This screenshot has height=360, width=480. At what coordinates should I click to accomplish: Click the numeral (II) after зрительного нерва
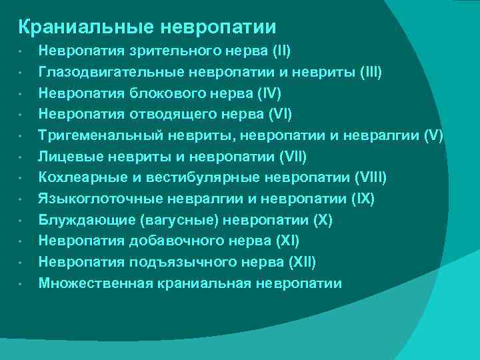pyautogui.click(x=278, y=51)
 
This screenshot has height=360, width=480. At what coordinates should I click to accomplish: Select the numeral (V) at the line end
pyautogui.click(x=433, y=135)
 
